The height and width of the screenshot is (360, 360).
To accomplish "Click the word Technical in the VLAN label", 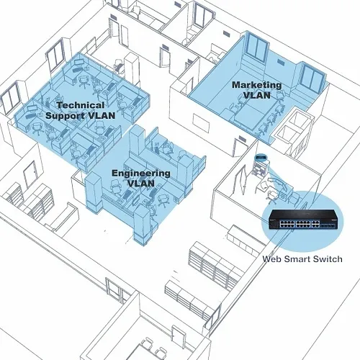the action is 81,105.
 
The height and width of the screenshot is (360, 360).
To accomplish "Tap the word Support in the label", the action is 65,115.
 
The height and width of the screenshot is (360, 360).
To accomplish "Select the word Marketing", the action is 257,85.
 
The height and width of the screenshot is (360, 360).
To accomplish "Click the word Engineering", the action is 141,174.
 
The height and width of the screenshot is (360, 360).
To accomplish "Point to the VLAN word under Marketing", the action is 257,95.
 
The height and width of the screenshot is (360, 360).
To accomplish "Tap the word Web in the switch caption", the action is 270,259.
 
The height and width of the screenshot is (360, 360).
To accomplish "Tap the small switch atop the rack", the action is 261,158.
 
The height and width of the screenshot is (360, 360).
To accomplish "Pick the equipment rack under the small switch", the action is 260,168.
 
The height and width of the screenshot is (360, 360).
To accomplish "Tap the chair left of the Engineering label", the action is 116,186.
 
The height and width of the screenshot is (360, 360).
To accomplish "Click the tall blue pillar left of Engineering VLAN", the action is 94,192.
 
